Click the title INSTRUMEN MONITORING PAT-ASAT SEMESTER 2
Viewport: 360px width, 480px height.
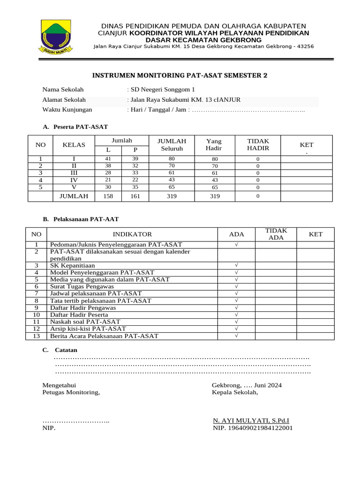coord(180,75)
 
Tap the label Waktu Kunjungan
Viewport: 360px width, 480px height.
coord(67,110)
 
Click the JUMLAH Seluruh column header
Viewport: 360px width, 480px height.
coord(172,145)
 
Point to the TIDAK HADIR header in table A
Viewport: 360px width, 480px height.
coord(258,145)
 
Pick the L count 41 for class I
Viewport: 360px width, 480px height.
coord(108,159)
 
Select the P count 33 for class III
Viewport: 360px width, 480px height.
coord(135,173)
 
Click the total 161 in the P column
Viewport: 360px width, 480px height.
coord(135,196)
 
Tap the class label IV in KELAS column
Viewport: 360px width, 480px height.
coord(74,180)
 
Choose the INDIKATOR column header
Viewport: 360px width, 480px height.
coord(132,234)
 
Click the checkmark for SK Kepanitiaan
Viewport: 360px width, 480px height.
coord(236,265)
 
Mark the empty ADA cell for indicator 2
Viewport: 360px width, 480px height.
coord(236,255)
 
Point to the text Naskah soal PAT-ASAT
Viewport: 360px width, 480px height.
coord(85,322)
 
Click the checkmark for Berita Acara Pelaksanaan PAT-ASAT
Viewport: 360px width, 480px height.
coord(236,336)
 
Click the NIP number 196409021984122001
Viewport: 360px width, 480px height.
coord(253,428)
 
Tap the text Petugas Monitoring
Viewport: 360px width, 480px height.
coord(71,392)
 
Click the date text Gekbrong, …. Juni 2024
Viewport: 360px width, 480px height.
coord(247,385)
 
